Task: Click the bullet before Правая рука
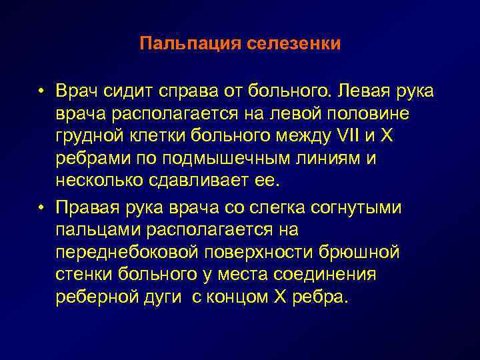click(41, 207)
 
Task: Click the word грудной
click(88, 137)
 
